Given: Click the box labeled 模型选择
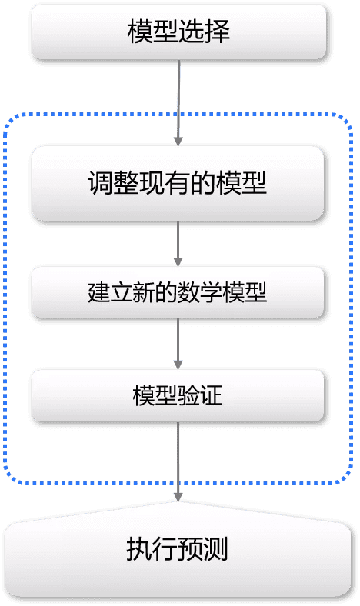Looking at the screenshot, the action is (178, 32).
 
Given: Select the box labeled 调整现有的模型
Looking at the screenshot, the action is (178, 183).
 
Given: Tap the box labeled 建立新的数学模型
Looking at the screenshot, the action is (178, 292).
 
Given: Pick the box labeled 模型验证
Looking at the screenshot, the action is (178, 395).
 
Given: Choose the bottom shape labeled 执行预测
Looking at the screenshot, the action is (178, 550).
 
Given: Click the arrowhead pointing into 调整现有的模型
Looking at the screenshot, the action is (178, 142).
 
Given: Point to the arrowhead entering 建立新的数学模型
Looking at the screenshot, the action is (178, 262).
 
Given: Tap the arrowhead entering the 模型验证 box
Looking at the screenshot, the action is (178, 365).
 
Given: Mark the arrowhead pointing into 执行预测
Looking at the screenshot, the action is (178, 497).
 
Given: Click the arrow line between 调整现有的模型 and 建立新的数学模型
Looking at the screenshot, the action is (178, 244).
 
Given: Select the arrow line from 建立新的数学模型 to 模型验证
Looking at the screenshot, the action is (178, 344).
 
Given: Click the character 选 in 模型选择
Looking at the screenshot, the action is (192, 32).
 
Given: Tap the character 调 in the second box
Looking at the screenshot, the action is (101, 183).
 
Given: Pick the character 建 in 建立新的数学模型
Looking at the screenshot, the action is (99, 292).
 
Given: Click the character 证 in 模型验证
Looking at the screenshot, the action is (211, 395).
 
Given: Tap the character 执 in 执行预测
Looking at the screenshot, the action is (139, 550).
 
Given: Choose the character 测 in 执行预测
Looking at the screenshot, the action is (215, 550).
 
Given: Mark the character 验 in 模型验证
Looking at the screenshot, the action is (188, 395).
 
